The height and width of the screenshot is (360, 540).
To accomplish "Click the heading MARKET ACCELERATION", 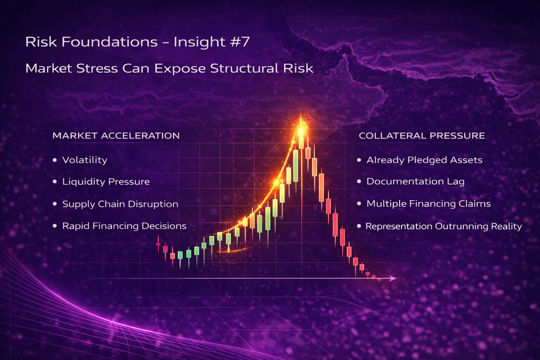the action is [x=116, y=136].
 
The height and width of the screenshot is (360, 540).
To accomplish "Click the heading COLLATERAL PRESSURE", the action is [x=422, y=136].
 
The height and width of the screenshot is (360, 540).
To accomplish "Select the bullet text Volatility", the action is [x=85, y=160].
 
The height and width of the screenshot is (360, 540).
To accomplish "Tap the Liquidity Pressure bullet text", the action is [x=106, y=182].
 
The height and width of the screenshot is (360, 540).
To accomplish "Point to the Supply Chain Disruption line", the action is [x=120, y=204].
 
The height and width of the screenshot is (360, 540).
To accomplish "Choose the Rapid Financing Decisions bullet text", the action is [x=124, y=226].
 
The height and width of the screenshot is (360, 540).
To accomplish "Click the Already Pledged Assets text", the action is [x=424, y=160].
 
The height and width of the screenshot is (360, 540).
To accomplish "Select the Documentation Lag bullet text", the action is [x=415, y=181].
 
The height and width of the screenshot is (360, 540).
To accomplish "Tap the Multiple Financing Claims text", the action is [x=428, y=204].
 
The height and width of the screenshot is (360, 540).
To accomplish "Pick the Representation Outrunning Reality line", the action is [x=443, y=226].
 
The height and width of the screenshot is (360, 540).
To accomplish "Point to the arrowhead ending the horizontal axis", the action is [x=393, y=278].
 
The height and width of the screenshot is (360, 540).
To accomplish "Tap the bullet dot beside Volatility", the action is [x=54, y=160].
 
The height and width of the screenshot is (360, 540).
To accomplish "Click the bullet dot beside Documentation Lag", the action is [x=359, y=181].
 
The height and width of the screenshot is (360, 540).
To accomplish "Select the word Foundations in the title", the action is [x=109, y=42].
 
